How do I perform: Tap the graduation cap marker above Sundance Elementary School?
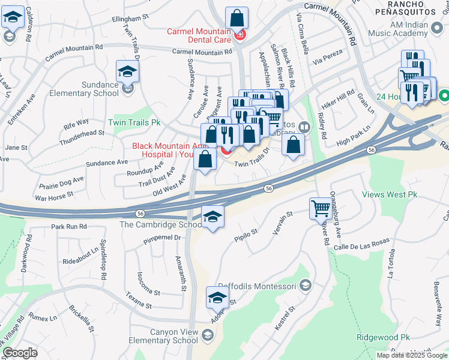[x=127, y=72]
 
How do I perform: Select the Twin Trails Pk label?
[x=134, y=122]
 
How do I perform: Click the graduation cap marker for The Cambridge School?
[x=212, y=217]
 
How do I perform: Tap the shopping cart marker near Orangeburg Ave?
[x=321, y=209]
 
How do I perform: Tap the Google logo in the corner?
[x=20, y=353]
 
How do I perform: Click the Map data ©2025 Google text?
[x=412, y=355]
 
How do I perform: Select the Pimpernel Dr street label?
[x=162, y=238]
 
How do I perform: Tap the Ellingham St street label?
[x=130, y=19]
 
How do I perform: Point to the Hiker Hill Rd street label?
[x=338, y=96]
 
